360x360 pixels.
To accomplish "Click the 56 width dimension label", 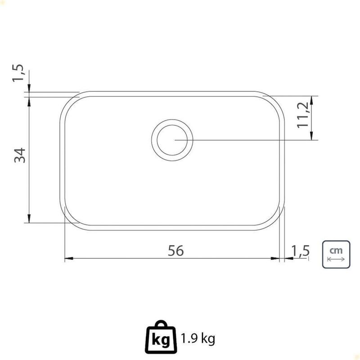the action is tap(175, 251).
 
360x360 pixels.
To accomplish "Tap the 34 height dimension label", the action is tap(20, 155).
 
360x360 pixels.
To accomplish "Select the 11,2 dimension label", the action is tap(303, 115).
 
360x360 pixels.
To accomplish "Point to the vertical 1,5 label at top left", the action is tap(18, 72).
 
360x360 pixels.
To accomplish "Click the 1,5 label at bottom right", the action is tap(301, 251).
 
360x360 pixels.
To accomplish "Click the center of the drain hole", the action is tap(172, 140).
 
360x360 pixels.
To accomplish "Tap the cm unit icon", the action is tap(336, 254).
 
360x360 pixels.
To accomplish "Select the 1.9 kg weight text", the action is tap(198, 338).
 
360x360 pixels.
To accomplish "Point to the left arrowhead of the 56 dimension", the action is tap(69, 258).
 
